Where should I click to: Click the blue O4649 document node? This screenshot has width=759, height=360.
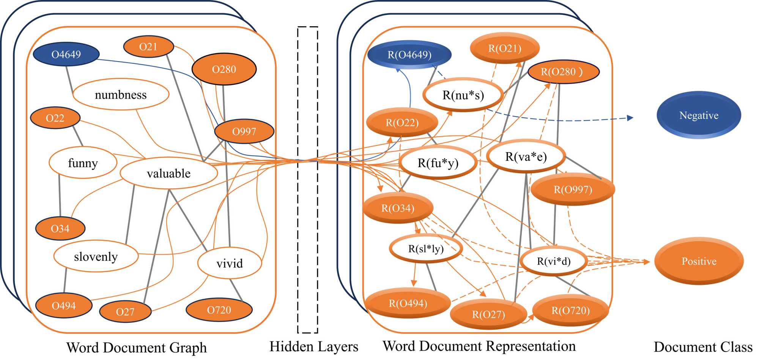pos(66,54)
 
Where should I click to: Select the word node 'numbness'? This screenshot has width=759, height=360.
pos(121,95)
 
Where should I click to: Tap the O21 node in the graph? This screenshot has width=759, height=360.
pos(148,47)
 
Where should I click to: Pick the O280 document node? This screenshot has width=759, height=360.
pos(224,69)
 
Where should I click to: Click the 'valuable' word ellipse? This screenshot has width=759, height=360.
pos(169,173)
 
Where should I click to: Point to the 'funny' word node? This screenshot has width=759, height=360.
pos(83,163)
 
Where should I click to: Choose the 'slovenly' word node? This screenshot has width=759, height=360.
pos(96,256)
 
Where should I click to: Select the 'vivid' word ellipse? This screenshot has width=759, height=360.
pos(230,263)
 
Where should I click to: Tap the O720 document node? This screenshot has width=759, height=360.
pos(219,310)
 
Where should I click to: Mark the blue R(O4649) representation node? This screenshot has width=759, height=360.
pos(409,55)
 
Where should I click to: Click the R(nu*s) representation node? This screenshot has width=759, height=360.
pos(463,95)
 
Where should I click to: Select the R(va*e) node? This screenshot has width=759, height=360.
pos(526,156)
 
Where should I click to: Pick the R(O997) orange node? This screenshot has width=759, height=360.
pos(573,189)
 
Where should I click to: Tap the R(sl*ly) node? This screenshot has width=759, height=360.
pos(426,249)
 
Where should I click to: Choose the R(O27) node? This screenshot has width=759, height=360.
pos(488,314)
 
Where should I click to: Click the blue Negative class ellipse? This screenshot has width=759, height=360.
pos(699,115)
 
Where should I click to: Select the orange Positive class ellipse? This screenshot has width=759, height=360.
pos(699,261)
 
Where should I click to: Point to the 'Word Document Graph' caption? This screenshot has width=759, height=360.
pos(137,347)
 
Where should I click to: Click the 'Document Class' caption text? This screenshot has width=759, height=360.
pos(703,347)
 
